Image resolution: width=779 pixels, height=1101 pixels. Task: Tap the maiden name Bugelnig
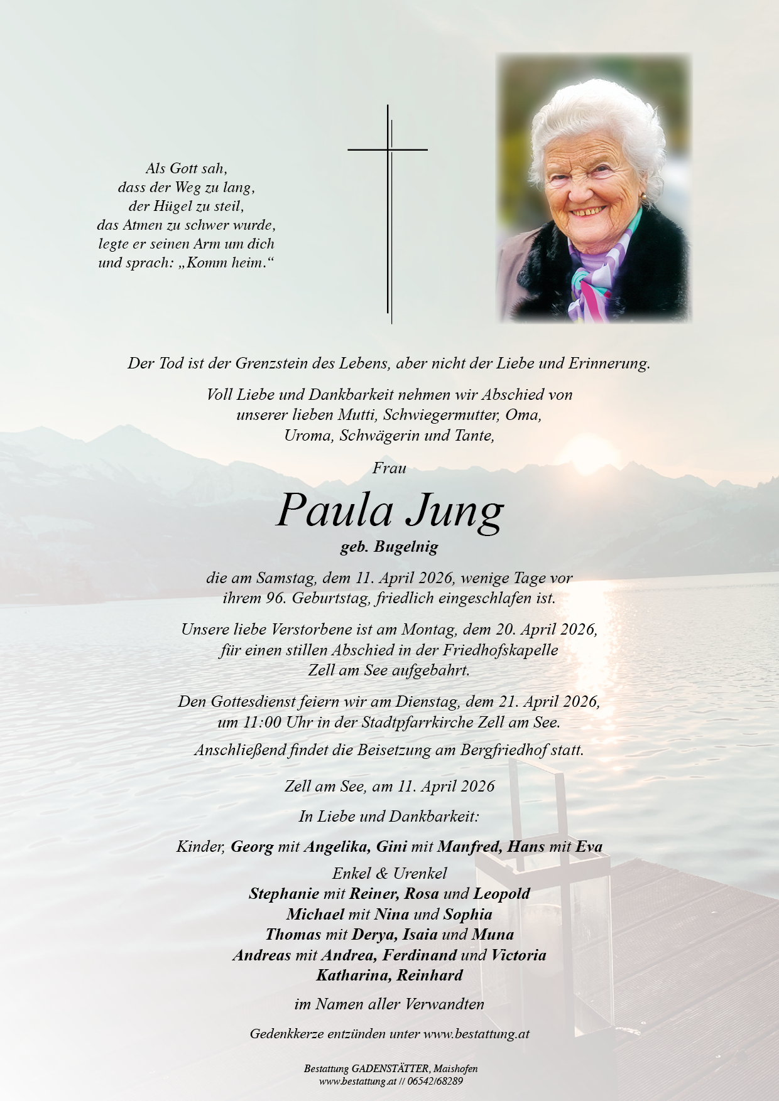pos(406,547)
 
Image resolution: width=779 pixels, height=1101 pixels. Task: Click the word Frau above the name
pos(389,468)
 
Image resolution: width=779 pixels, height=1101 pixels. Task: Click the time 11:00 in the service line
pos(261,722)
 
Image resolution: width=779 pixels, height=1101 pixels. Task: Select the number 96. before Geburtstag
pos(276,598)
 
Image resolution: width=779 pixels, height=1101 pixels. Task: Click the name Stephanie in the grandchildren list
pos(284,894)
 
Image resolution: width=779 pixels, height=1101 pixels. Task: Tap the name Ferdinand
pos(418,955)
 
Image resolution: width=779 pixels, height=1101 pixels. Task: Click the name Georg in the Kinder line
pos(252,847)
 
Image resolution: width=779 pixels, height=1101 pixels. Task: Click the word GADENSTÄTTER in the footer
pos(391,1069)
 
